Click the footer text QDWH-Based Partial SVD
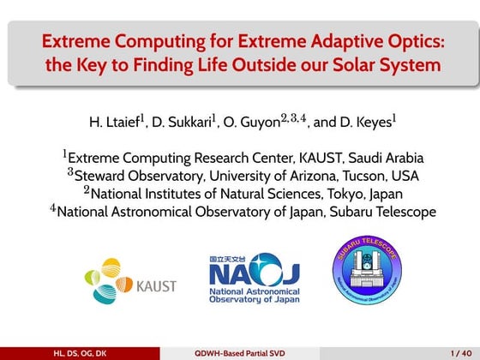tap(239, 352)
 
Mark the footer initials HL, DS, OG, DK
tap(80, 352)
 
